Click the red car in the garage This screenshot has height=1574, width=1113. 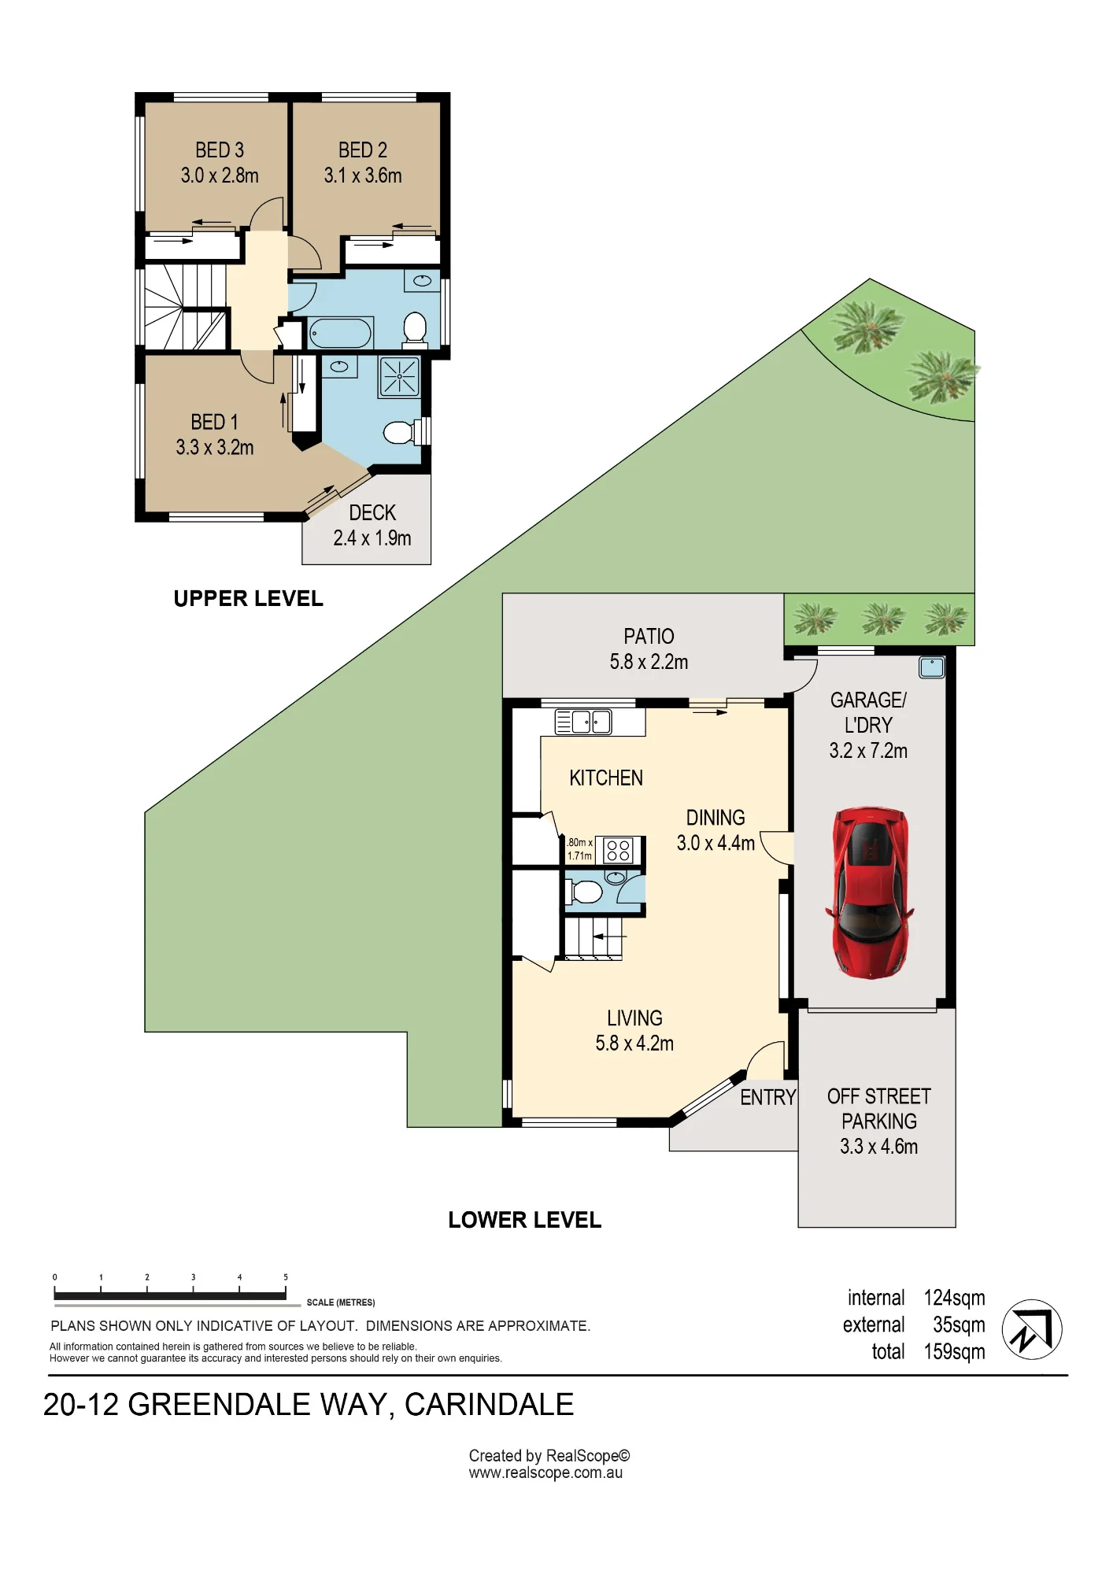[x=870, y=892]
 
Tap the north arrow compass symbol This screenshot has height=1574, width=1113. [x=1032, y=1329]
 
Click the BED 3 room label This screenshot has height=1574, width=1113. [x=220, y=150]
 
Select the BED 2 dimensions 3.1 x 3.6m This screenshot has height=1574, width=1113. [x=363, y=176]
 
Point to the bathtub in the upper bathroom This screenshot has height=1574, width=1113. [x=340, y=333]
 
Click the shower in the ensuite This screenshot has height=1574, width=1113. [x=400, y=376]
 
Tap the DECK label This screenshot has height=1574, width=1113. [x=372, y=513]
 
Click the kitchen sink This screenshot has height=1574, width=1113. [x=583, y=722]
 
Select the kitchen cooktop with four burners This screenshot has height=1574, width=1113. [x=619, y=851]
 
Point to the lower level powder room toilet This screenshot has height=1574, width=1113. [x=583, y=892]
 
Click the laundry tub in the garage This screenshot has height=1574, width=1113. [x=932, y=667]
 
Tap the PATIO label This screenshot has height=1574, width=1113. [x=649, y=636]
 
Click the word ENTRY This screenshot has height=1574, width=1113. [x=768, y=1097]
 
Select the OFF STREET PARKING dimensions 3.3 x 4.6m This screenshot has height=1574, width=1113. [x=878, y=1147]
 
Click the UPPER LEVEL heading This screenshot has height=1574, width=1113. [x=248, y=599]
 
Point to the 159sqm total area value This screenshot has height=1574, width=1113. [x=954, y=1352]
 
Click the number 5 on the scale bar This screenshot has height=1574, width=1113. [x=286, y=1277]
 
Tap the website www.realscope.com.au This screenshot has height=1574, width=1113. [x=545, y=1473]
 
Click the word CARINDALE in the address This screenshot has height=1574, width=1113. [x=489, y=1405]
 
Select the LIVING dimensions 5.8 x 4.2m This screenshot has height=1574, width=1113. [x=634, y=1044]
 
